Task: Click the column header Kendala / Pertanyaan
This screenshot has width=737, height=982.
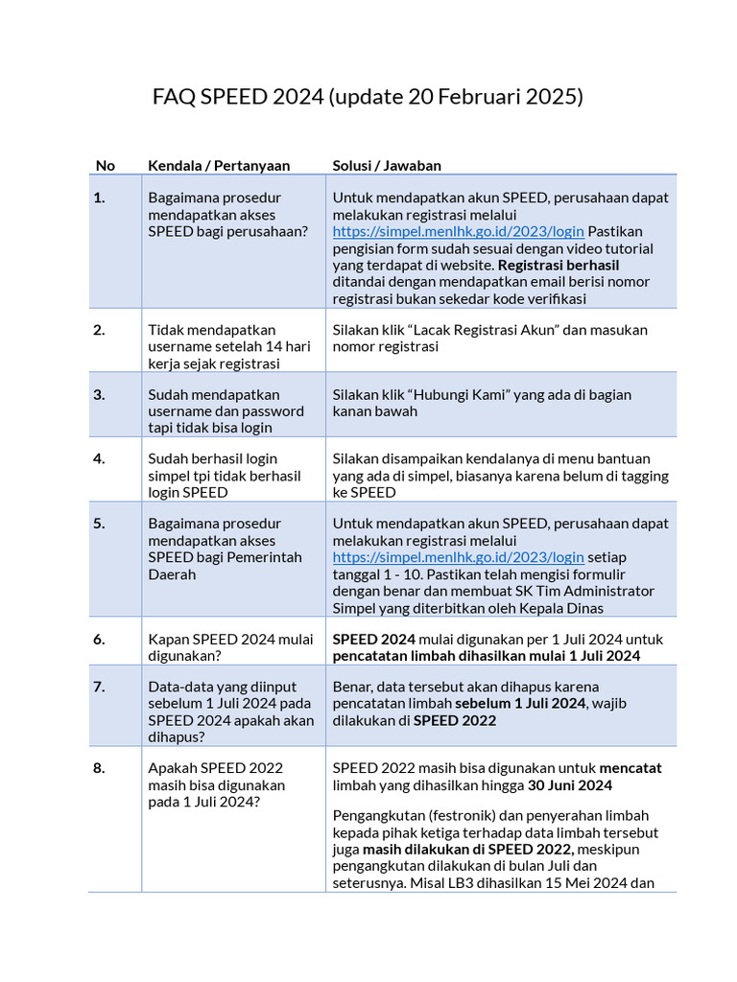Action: (x=219, y=165)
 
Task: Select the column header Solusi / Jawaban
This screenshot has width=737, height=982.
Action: (x=387, y=165)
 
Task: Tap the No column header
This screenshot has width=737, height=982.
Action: (x=106, y=165)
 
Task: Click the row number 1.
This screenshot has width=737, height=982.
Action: (x=99, y=198)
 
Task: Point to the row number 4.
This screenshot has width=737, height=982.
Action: (x=99, y=458)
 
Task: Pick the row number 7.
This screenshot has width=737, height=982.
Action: (x=99, y=687)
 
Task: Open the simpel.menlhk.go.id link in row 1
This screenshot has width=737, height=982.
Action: (x=458, y=231)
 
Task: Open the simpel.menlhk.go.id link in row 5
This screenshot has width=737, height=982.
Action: (x=458, y=557)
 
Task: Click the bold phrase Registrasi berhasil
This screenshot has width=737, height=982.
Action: (x=559, y=265)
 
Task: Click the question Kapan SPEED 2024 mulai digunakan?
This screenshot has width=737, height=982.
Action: (x=230, y=647)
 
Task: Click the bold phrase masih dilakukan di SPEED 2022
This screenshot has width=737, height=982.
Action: (x=467, y=850)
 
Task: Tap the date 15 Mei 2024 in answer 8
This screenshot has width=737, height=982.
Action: (x=560, y=883)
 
